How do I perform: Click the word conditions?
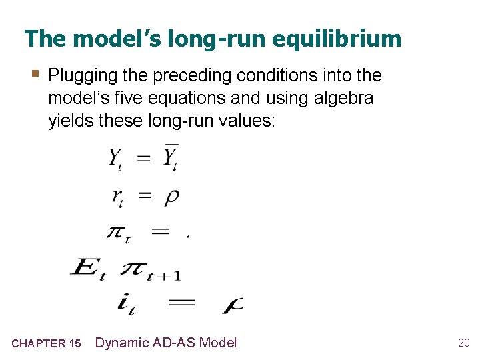[x=292, y=75]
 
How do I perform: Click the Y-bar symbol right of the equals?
[x=171, y=158]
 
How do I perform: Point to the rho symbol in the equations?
[x=171, y=197]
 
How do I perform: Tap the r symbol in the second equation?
[x=117, y=197]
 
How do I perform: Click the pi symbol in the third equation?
[x=117, y=233]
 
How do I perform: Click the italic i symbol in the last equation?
[x=125, y=303]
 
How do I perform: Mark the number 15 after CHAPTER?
[x=75, y=344]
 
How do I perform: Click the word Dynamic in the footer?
[x=121, y=343]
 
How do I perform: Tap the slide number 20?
[x=463, y=343]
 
